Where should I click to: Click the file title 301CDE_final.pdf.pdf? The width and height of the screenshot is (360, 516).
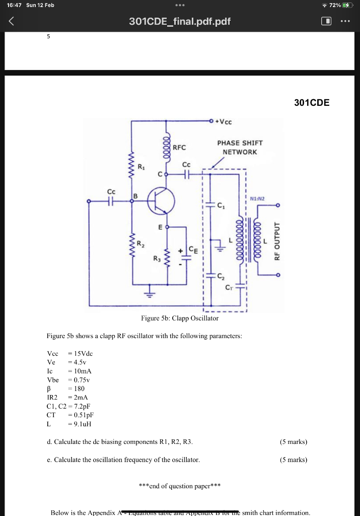coord(180,22)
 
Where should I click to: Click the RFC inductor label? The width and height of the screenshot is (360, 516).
coord(179,148)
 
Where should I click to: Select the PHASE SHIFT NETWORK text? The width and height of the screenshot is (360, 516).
coord(240,147)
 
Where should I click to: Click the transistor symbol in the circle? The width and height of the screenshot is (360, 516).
coord(161,201)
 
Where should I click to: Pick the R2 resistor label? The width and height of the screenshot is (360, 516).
coord(142,243)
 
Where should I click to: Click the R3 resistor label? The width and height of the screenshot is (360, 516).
coord(157,259)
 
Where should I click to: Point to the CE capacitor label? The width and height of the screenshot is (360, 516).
coord(193,248)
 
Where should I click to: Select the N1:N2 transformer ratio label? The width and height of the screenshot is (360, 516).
coord(258,198)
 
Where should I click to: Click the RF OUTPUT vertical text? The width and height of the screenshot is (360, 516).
coord(276,240)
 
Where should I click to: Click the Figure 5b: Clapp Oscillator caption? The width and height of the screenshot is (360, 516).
coord(180,318)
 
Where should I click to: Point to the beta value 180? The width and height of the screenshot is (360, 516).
coord(79,389)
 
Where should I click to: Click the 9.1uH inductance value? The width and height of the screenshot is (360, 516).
coord(81,423)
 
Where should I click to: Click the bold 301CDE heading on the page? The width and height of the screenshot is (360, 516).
coord(312,103)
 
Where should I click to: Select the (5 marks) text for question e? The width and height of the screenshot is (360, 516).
coord(293,459)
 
